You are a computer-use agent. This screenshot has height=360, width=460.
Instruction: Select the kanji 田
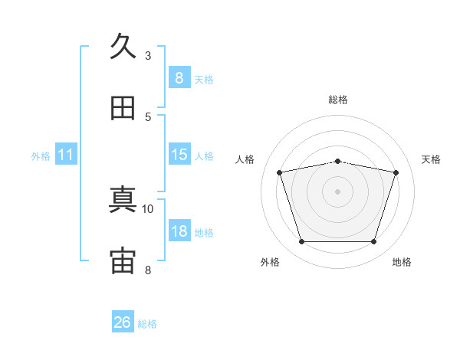click(123, 108)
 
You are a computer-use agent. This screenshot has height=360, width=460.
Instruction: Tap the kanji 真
click(123, 200)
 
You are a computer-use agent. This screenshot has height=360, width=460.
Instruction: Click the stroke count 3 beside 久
click(148, 55)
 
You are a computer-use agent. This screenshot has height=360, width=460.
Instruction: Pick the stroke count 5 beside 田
click(148, 116)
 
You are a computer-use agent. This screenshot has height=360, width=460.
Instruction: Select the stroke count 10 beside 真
click(148, 208)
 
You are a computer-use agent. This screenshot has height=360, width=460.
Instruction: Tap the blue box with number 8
click(179, 78)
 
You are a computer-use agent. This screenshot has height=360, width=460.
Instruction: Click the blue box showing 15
click(179, 155)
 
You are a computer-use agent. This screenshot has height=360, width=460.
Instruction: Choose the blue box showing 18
click(179, 231)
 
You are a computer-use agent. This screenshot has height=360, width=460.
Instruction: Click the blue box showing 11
click(66, 155)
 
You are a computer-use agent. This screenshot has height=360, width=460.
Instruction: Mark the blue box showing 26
click(122, 322)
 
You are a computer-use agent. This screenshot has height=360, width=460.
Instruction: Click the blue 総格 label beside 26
click(147, 324)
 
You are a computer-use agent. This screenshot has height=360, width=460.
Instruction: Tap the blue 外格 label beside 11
click(41, 156)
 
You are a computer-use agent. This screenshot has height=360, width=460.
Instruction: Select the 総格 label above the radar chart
click(338, 100)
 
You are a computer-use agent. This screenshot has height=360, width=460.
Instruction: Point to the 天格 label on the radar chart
click(432, 159)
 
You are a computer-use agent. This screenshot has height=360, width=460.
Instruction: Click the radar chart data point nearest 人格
click(280, 172)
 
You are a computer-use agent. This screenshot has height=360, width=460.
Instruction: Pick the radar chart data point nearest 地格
click(373, 241)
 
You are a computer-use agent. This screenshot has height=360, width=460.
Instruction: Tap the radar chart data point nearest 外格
click(301, 241)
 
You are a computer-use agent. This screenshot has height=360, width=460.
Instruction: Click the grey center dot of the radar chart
click(337, 191)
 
